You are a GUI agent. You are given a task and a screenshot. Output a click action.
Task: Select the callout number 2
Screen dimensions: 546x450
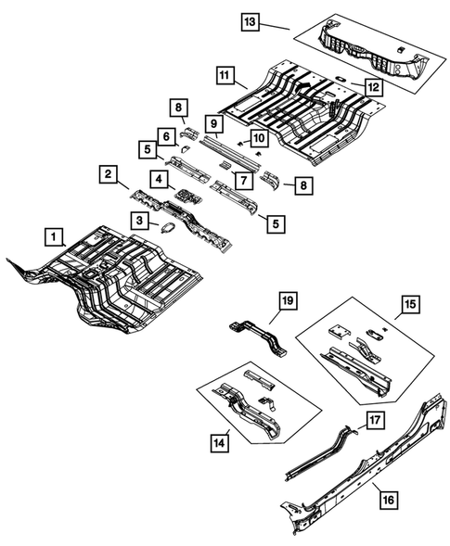pos(109,175)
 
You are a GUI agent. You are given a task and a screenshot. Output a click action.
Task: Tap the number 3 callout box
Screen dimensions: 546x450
pos(137,220)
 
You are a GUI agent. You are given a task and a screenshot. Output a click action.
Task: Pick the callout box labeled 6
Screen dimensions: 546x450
pos(166,136)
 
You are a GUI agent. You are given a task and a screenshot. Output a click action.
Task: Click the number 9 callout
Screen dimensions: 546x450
pos(212,123)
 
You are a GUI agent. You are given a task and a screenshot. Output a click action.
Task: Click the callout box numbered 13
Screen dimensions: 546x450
pos(249,19)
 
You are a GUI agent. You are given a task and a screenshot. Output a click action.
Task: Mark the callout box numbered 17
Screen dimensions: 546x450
pos(373,420)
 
